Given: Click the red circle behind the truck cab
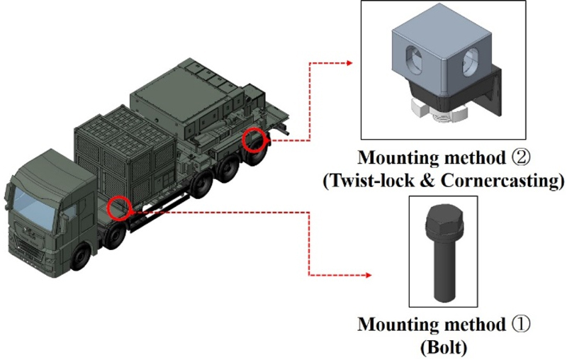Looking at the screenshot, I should pos(120,208).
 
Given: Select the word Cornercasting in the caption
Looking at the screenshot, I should pos(510,180).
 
